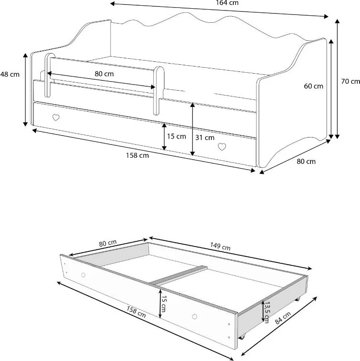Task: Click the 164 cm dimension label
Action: (227, 3)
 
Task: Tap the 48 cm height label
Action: (10, 74)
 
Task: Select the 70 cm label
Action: (350, 81)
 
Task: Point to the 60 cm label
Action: (314, 86)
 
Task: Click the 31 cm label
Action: (205, 138)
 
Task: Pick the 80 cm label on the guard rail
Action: (104, 74)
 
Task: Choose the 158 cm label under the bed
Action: (137, 156)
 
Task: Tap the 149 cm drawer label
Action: (220, 246)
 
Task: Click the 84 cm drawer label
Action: (283, 318)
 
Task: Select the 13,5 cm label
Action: (267, 312)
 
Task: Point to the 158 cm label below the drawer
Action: (136, 312)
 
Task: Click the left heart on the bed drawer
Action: (56, 118)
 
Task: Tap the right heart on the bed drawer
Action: (222, 147)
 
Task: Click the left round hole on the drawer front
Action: (83, 275)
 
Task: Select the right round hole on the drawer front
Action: (195, 317)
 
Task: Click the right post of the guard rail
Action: (158, 91)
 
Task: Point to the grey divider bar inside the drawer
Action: (178, 275)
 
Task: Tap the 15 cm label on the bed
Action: (176, 136)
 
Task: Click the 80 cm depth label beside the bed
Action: (306, 161)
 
